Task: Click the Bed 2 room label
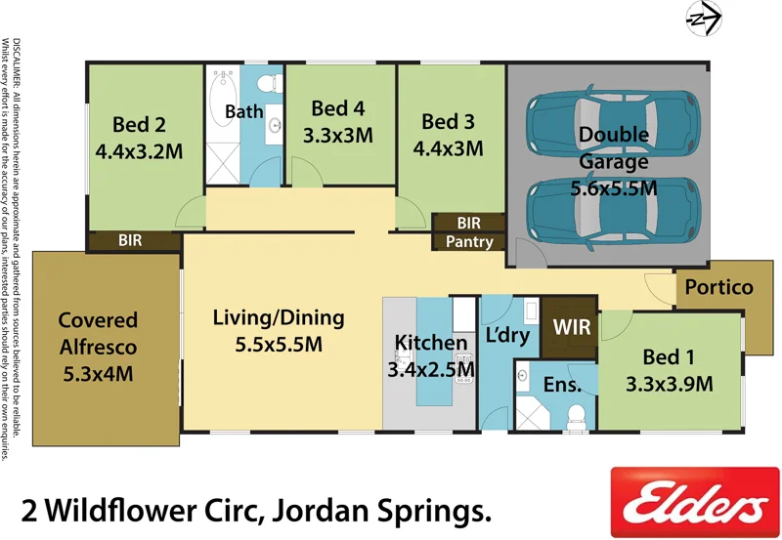(x=139, y=125)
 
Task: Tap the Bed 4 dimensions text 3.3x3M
(x=337, y=136)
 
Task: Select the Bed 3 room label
(x=448, y=122)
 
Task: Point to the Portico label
(x=718, y=287)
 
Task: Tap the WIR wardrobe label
(x=572, y=326)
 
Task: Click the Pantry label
(x=469, y=242)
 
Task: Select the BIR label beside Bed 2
(x=132, y=239)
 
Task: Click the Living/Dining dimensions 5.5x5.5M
(x=279, y=344)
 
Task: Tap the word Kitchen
(x=430, y=343)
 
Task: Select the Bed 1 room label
(x=669, y=356)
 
